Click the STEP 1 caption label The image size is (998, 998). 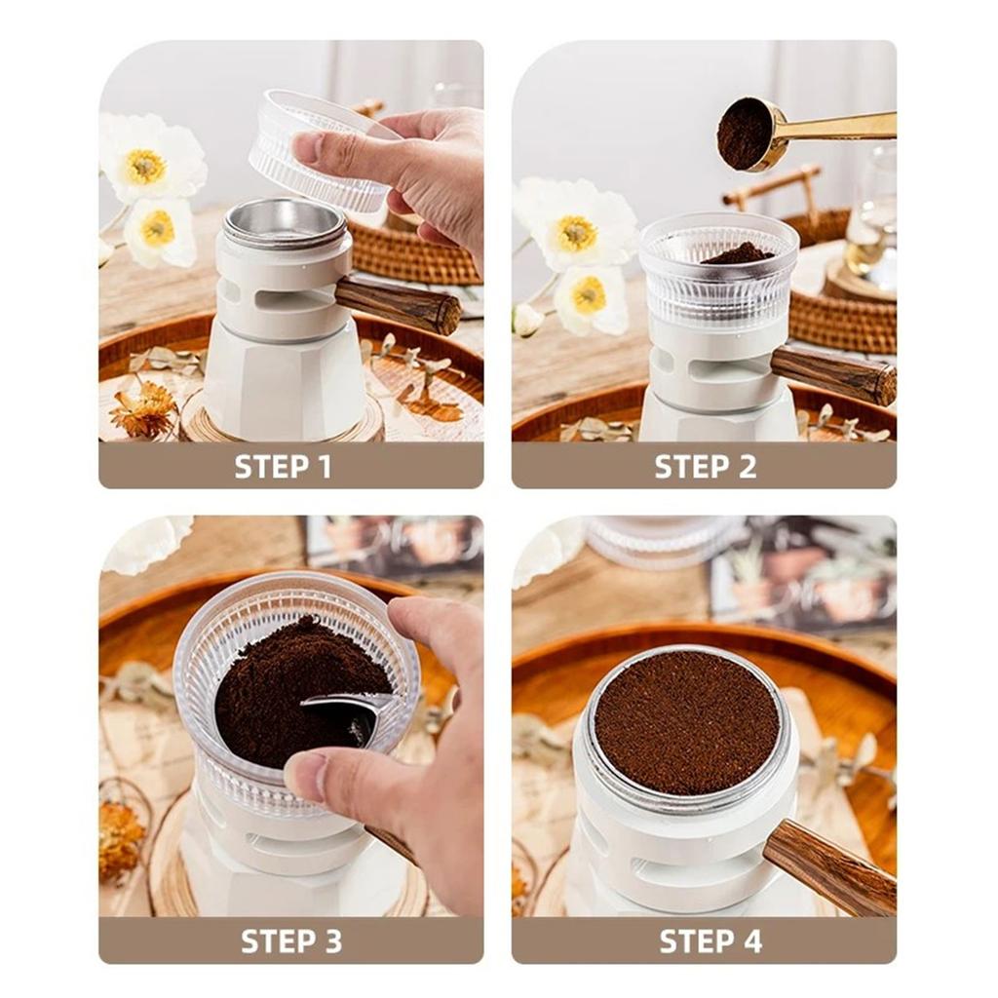(x=284, y=467)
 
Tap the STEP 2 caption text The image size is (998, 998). (x=706, y=467)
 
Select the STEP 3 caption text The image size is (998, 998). (x=291, y=941)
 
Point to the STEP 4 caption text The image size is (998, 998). (x=710, y=941)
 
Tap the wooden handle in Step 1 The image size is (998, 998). (x=398, y=306)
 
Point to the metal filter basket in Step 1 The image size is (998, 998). (x=286, y=223)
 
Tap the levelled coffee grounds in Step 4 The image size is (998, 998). (x=687, y=722)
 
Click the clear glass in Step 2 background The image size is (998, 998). (x=873, y=211)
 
